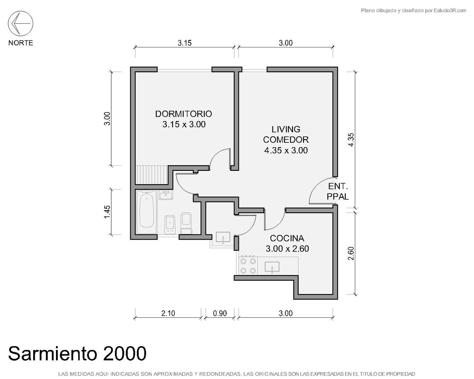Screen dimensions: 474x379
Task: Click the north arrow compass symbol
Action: pyautogui.click(x=21, y=23)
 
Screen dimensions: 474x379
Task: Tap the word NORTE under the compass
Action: pyautogui.click(x=21, y=43)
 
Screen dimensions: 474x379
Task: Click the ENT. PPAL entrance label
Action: pyautogui.click(x=338, y=191)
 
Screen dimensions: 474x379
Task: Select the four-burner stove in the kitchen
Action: pyautogui.click(x=248, y=266)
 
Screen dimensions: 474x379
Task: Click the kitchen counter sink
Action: pyautogui.click(x=272, y=267)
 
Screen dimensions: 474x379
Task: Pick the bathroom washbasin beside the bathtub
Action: pyautogui.click(x=166, y=195)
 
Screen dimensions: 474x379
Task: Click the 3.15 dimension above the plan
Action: pyautogui.click(x=185, y=43)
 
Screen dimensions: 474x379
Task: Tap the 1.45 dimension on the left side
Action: pyautogui.click(x=107, y=212)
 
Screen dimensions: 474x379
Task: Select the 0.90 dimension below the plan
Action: pyautogui.click(x=220, y=313)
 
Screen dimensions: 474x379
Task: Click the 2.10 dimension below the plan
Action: pyautogui.click(x=168, y=313)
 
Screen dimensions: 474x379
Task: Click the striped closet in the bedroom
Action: pyautogui.click(x=152, y=175)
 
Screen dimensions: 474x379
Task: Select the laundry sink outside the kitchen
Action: pyautogui.click(x=223, y=238)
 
